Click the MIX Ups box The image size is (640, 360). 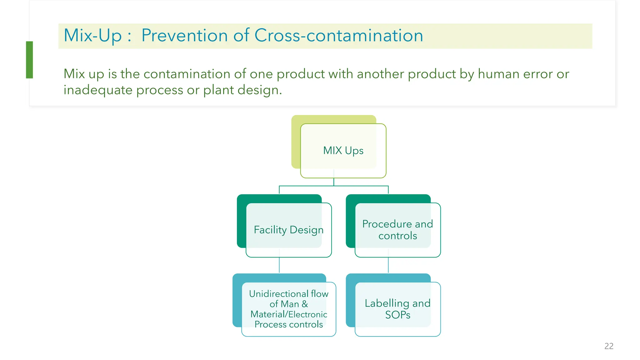point(343,151)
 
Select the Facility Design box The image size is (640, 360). point(288,230)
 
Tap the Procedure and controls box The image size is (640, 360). point(397,230)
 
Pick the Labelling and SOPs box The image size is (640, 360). point(397,309)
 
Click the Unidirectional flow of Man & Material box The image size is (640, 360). point(288,309)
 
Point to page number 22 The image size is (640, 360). point(609,346)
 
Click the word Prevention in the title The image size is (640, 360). point(185,35)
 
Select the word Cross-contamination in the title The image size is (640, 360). point(339,35)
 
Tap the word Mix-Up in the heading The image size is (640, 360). point(92,35)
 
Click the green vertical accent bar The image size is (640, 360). point(29,60)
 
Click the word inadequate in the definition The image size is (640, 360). point(98,90)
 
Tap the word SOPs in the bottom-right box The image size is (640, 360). point(397,315)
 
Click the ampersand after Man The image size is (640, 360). point(305,304)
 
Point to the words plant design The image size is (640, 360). point(242,90)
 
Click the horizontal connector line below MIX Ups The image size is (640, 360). point(334,186)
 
